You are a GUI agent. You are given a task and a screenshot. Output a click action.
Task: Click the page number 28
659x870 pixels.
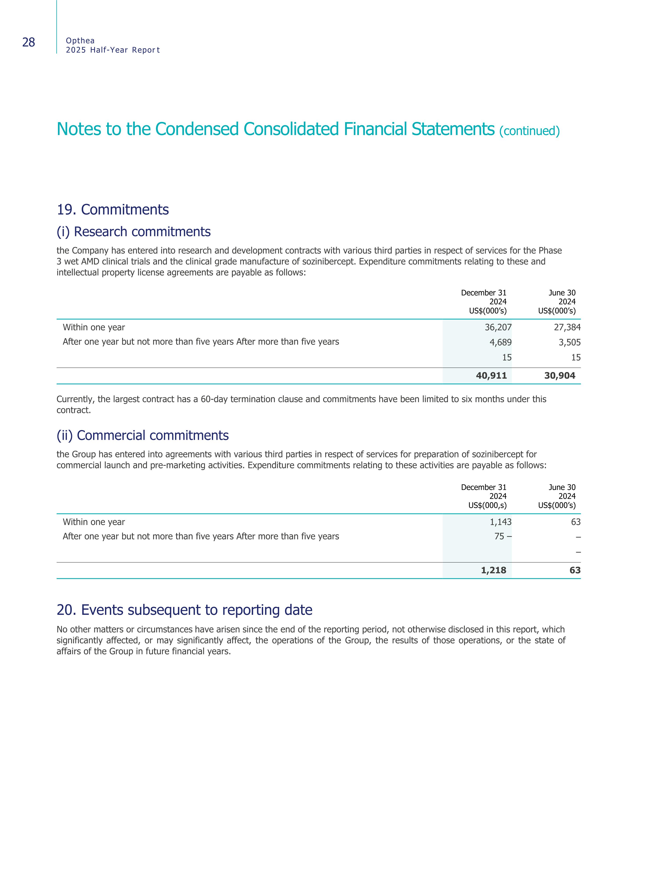29,42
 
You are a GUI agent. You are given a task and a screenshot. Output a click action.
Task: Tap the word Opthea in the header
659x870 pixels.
80,40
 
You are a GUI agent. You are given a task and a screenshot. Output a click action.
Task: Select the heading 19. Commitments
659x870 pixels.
113,210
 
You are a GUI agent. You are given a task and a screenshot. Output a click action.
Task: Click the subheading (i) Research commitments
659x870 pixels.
134,232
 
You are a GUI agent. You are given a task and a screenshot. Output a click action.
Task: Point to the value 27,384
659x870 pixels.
567,327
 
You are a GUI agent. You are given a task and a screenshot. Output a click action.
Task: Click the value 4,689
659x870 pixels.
501,342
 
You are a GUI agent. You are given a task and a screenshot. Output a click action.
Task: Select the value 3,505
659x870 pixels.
569,342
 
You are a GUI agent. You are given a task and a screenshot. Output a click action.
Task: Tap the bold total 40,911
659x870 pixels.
491,376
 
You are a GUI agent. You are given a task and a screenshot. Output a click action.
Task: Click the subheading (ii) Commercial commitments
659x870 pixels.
143,435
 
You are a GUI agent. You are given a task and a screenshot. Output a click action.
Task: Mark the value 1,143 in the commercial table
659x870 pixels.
501,522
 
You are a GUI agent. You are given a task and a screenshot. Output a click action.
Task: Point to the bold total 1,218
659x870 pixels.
493,570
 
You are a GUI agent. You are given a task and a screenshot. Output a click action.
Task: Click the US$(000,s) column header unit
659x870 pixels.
487,505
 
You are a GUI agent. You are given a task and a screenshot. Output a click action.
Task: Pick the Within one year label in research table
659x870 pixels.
94,327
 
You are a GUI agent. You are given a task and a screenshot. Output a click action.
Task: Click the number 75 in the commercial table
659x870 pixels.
499,536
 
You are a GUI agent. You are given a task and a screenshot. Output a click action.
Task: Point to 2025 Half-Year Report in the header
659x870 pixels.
113,50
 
